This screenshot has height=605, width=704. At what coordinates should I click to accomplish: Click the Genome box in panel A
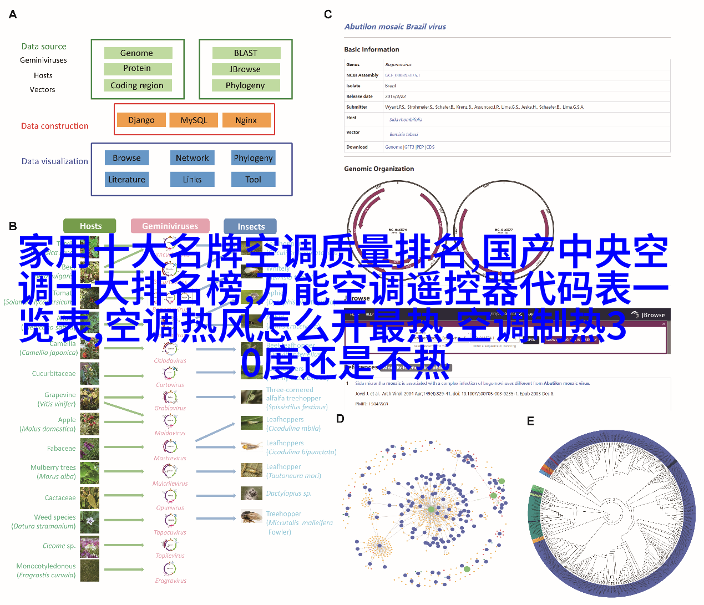click(138, 53)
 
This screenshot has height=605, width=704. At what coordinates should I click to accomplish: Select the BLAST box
click(246, 53)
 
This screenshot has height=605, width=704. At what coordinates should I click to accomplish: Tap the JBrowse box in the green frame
click(246, 69)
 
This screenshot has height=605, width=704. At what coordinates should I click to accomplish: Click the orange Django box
click(141, 120)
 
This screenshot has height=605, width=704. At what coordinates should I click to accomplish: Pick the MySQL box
click(194, 120)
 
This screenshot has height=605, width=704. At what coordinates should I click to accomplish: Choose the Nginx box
click(246, 120)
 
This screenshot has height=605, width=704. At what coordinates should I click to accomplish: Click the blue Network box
click(192, 158)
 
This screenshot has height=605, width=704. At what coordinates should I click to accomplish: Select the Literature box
click(126, 180)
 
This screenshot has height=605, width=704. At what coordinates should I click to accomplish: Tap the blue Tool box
click(253, 180)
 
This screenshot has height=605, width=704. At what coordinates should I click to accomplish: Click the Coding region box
click(137, 85)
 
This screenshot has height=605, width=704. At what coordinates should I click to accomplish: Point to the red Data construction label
click(55, 126)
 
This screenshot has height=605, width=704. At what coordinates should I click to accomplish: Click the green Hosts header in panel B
click(90, 226)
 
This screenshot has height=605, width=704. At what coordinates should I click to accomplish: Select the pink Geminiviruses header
click(170, 226)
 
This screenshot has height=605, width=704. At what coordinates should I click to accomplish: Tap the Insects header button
click(250, 226)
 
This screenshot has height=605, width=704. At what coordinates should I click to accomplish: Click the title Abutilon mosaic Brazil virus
click(395, 27)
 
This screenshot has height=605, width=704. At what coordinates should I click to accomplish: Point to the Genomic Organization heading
click(379, 169)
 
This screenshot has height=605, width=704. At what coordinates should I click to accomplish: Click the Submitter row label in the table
click(357, 107)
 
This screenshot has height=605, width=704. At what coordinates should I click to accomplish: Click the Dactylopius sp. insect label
click(288, 493)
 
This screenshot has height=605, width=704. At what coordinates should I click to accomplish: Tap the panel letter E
click(530, 421)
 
